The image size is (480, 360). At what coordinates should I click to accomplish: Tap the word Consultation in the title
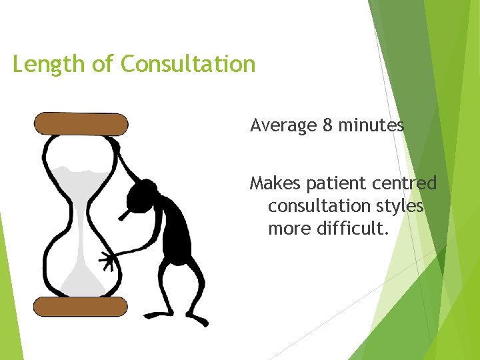[188, 64]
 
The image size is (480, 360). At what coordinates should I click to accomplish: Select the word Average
[283, 125]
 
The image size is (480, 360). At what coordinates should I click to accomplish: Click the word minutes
[371, 125]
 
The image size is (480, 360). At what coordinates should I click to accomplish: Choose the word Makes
[275, 183]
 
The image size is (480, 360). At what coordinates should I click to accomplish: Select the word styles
[399, 206]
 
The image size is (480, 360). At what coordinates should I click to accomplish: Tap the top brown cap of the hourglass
[81, 124]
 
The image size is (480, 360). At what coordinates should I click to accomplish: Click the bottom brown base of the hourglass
[81, 307]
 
